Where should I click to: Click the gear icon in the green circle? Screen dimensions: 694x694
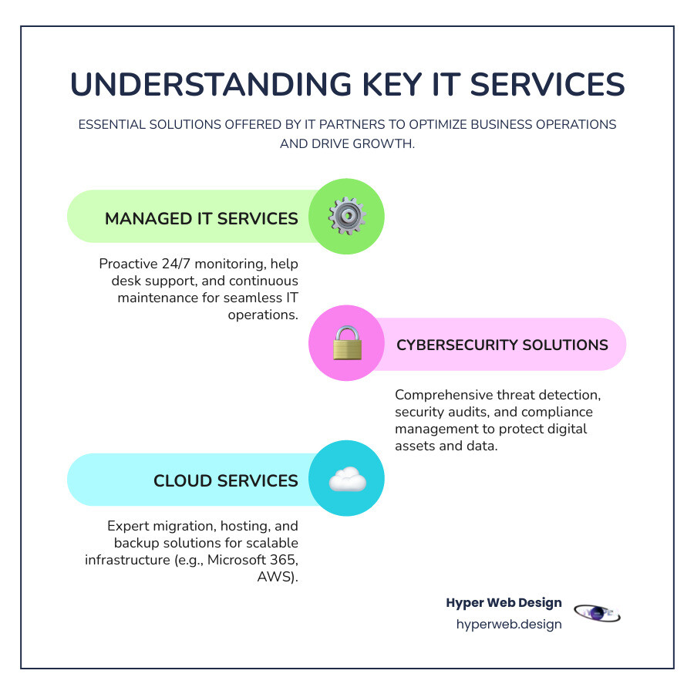(x=346, y=217)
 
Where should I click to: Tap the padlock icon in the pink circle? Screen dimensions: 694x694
(x=346, y=344)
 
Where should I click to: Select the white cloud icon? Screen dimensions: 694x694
(x=347, y=480)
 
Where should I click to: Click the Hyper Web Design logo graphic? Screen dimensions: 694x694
(x=598, y=613)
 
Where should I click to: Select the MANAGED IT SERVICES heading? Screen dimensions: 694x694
(x=201, y=218)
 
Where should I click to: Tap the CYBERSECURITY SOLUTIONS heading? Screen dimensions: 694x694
(x=502, y=345)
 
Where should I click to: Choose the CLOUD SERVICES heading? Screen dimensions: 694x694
(x=225, y=480)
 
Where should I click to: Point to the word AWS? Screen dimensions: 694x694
(x=279, y=576)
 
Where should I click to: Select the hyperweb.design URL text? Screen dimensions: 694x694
(x=509, y=624)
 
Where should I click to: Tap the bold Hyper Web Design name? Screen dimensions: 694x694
(x=504, y=603)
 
